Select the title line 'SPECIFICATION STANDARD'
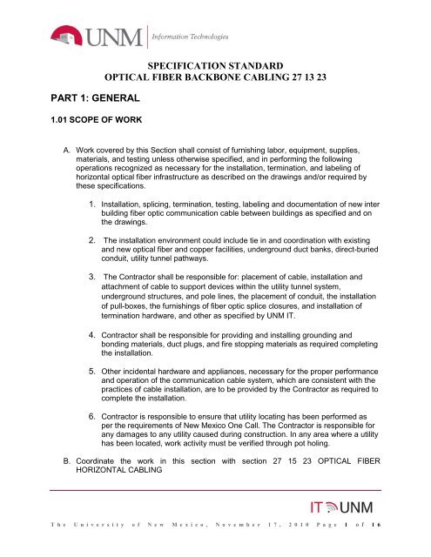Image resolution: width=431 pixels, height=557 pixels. click(214, 64)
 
